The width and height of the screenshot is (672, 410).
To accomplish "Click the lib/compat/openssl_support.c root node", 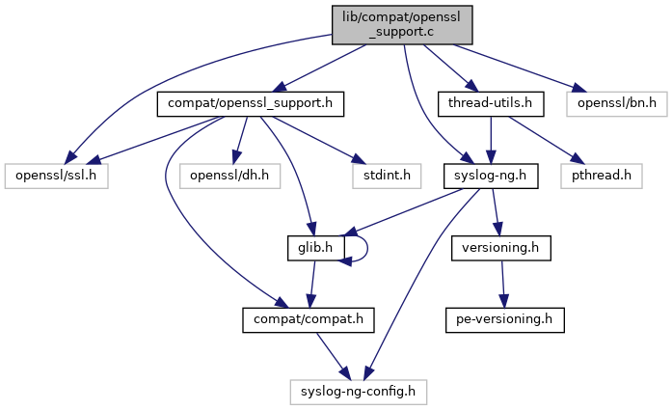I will click(x=403, y=24).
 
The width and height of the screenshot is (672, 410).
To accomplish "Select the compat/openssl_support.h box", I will click(x=251, y=101).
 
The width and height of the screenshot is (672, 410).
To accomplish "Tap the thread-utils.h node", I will click(x=491, y=101).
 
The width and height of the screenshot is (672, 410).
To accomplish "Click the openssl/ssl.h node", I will click(x=58, y=176).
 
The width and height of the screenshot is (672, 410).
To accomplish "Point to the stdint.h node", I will click(x=366, y=176).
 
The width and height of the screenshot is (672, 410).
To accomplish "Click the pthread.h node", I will click(x=609, y=176).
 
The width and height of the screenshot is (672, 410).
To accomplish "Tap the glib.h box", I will click(x=309, y=247).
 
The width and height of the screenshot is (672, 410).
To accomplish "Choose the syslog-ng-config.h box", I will click(x=359, y=391).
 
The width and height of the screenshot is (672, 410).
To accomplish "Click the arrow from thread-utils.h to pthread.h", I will click(x=550, y=138).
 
